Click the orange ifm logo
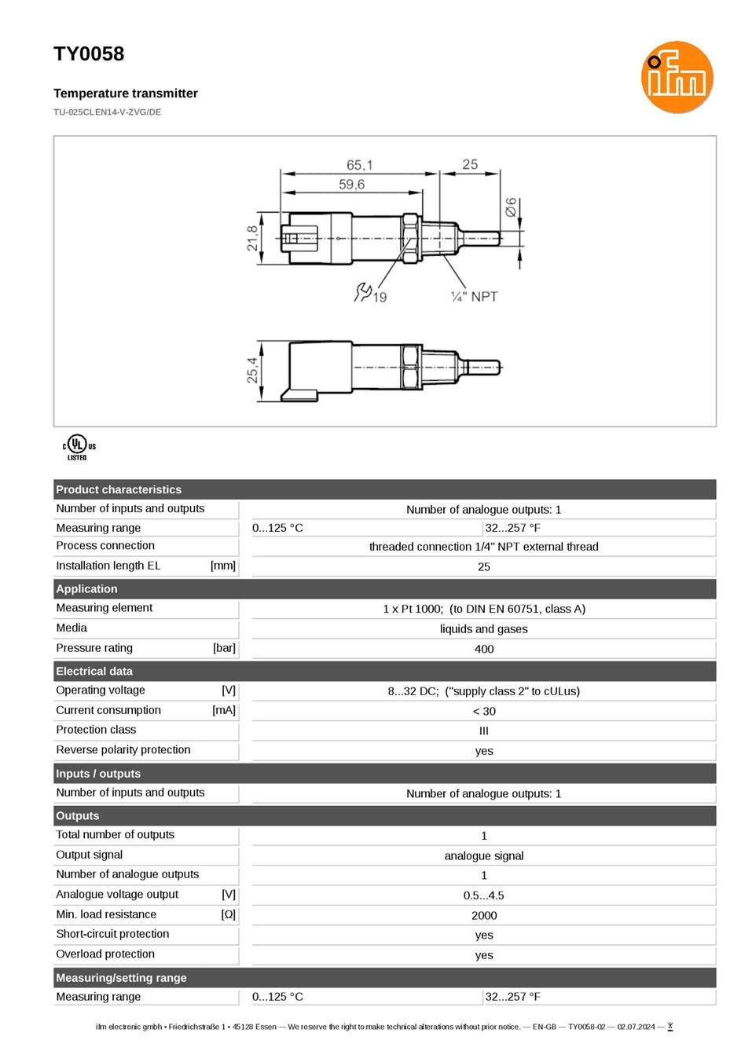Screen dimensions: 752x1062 677,77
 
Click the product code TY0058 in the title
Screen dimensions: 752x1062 89,54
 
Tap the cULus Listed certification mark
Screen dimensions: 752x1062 79,448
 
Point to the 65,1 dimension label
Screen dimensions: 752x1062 359,165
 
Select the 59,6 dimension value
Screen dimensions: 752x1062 351,185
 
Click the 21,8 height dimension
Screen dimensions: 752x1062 252,238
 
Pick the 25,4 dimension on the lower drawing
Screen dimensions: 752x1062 252,370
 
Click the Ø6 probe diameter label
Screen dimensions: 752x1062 511,207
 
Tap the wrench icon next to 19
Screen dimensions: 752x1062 362,292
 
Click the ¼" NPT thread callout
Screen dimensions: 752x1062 474,297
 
